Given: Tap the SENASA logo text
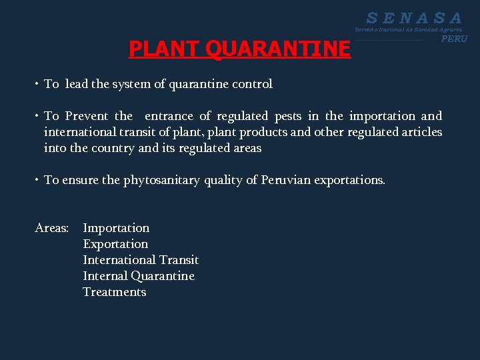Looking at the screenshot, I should (414, 18).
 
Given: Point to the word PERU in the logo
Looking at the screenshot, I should (454, 39).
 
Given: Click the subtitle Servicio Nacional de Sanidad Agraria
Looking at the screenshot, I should (408, 30).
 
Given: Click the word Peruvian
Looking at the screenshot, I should (285, 180).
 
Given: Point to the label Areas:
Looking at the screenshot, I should (51, 228).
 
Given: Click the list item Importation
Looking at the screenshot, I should (116, 228).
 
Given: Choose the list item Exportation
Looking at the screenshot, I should (115, 244).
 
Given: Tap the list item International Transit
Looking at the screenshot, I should (141, 260).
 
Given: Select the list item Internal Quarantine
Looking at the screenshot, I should (139, 276).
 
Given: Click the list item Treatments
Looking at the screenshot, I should (114, 292).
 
